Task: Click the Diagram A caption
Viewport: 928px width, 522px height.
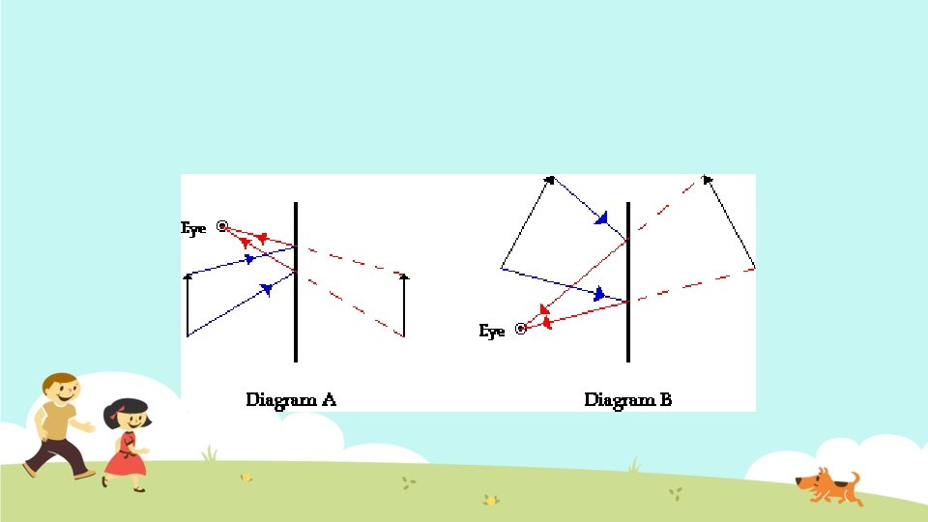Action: point(290,399)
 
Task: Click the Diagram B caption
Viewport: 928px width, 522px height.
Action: point(627,399)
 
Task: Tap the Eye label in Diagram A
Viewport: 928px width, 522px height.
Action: point(193,228)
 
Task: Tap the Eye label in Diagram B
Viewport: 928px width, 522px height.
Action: point(492,332)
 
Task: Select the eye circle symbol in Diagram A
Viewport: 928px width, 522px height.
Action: point(222,226)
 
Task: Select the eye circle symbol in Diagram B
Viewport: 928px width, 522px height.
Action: point(521,329)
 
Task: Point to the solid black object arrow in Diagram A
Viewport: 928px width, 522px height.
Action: point(188,304)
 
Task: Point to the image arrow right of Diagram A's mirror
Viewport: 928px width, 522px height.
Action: point(404,304)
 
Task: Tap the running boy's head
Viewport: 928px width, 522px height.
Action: point(61,390)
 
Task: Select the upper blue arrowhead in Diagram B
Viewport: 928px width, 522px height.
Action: point(602,218)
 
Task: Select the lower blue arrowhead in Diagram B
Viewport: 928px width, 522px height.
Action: point(600,293)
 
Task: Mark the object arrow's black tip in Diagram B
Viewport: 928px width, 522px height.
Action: point(550,178)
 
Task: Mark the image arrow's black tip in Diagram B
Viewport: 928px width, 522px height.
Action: point(708,178)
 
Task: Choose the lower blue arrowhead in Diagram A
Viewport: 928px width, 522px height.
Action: point(266,288)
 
